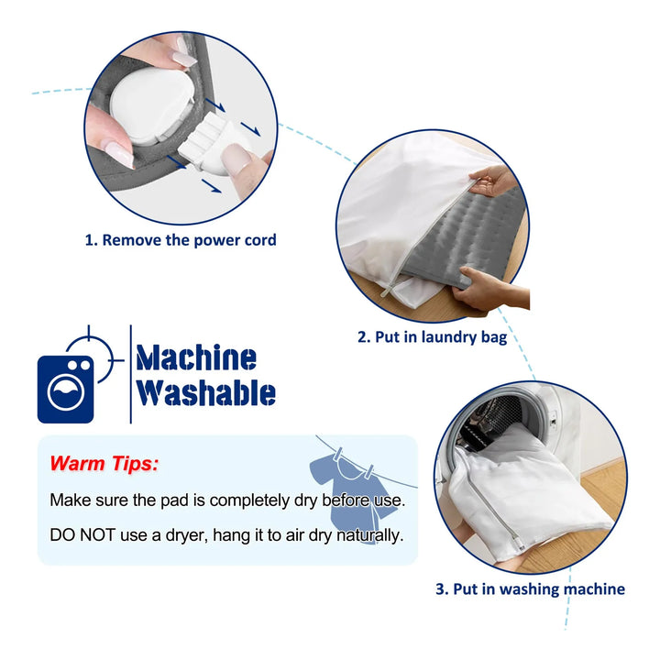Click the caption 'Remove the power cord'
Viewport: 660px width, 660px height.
point(189,240)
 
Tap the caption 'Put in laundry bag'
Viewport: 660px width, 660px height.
point(441,337)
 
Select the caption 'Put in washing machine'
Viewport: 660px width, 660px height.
point(539,588)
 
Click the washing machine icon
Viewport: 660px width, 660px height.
point(66,389)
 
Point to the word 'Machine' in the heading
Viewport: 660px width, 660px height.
point(196,357)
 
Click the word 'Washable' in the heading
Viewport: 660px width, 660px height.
point(206,392)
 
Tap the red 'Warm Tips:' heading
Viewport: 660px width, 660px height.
point(104,464)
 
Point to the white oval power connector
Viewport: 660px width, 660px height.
point(152,106)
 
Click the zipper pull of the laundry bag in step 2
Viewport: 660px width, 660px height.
point(387,291)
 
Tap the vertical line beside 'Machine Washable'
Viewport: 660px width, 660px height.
point(131,374)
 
